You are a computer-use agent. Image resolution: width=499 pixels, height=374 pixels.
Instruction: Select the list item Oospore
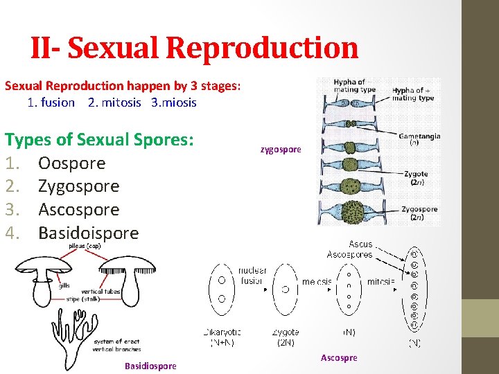click(x=71, y=163)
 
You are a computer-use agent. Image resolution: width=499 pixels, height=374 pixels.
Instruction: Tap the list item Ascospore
click(x=78, y=209)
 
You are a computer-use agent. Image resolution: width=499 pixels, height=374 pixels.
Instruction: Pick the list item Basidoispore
click(x=88, y=233)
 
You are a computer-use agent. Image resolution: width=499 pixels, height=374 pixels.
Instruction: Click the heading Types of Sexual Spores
click(x=98, y=140)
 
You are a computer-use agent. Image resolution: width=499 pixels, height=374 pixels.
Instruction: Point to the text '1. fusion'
click(x=51, y=103)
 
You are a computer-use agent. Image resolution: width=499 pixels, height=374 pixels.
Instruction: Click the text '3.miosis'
click(x=173, y=103)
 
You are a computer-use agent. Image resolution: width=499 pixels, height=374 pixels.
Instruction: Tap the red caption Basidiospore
click(x=150, y=366)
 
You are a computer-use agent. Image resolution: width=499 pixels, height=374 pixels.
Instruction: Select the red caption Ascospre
click(x=339, y=357)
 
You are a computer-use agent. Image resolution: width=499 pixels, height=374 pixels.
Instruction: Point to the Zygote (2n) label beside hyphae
click(x=416, y=178)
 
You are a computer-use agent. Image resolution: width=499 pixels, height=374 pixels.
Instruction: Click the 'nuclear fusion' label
click(x=252, y=276)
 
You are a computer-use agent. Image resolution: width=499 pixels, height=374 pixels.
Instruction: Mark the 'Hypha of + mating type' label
click(x=413, y=94)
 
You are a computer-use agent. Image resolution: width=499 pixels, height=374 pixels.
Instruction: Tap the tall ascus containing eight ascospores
click(x=414, y=287)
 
